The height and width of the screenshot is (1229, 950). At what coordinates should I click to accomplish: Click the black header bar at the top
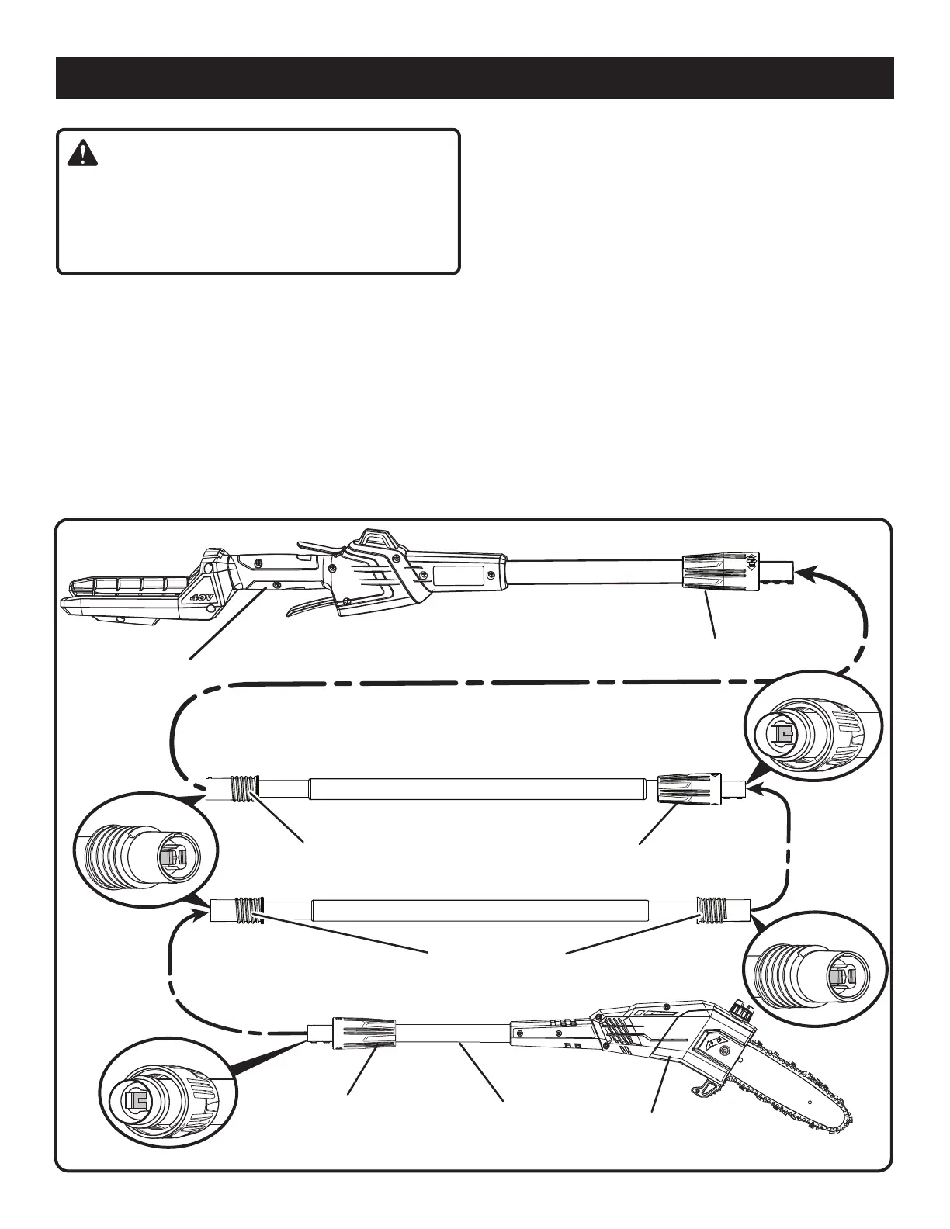coord(474,78)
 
